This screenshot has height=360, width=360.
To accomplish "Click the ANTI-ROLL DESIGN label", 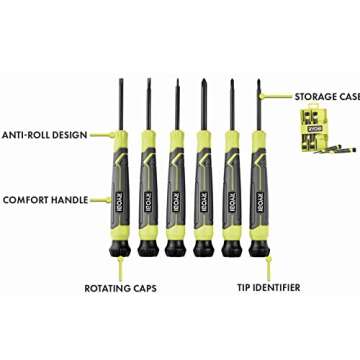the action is coord(45,134).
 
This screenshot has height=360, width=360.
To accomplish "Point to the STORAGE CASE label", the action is coord(326,97).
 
